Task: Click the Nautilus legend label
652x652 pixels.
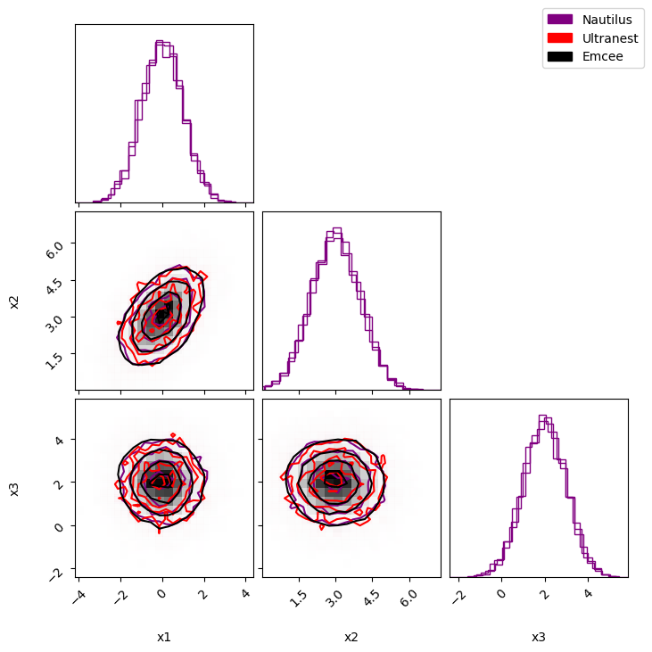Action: coord(607,20)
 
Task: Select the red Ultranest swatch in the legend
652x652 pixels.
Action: coord(560,37)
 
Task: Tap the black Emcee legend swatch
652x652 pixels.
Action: coord(560,56)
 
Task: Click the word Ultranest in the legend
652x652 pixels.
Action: coord(610,38)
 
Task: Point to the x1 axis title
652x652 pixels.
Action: coord(164,637)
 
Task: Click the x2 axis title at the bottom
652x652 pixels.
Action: coord(351,637)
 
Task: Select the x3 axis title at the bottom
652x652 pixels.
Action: coord(539,637)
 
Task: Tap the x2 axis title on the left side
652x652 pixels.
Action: coord(14,302)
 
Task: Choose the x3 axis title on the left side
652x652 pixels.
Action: coord(14,490)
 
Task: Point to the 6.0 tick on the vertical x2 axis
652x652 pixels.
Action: coord(54,250)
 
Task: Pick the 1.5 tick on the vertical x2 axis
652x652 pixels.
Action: coord(54,360)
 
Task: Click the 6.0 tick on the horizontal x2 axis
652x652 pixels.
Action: coord(408,598)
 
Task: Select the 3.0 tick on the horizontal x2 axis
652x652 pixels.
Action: coord(334,598)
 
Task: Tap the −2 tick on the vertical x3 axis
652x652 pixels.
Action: coord(57,574)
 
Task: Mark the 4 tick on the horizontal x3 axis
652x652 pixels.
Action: coord(588,593)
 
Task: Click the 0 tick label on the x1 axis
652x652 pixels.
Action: coord(162,593)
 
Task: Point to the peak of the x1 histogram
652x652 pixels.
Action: coord(160,41)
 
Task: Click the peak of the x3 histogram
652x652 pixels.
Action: coord(542,416)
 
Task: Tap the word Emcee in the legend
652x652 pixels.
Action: coord(603,56)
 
